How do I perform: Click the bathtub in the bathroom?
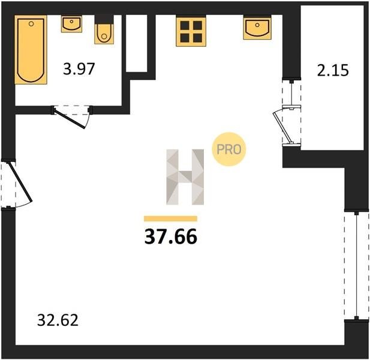point(31,50)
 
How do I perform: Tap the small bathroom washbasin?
point(71,24)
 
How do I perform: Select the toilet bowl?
point(104,34)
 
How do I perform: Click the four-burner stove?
point(191,31)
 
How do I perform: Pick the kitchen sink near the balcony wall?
point(257,28)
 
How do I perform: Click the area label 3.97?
point(79,69)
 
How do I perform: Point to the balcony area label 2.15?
point(333,70)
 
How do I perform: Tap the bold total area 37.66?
point(170,236)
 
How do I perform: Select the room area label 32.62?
point(58,320)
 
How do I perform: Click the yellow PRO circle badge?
point(228,149)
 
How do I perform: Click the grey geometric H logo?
point(185,177)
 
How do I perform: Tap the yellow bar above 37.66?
point(170,218)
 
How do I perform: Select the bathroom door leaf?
point(70,118)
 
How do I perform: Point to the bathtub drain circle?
point(31,24)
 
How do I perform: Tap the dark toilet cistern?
point(104,20)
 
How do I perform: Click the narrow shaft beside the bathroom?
point(136,43)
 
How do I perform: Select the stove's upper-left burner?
point(185,25)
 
